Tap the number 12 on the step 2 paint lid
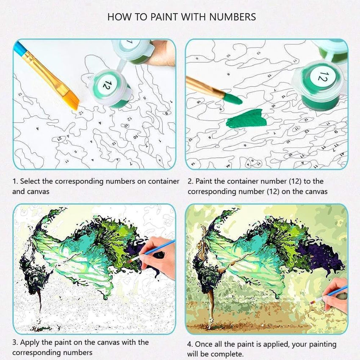[x=322, y=77]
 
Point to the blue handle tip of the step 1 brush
[x=18, y=47]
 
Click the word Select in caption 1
[x=30, y=181]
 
